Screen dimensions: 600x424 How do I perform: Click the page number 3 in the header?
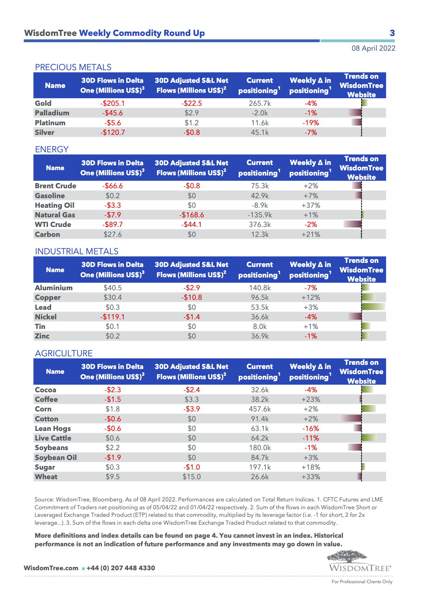[392, 33]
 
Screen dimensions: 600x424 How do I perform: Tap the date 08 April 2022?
[373, 48]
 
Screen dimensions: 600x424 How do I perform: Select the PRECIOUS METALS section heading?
[73, 67]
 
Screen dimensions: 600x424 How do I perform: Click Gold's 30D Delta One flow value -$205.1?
[112, 103]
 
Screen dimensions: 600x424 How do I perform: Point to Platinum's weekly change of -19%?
[310, 123]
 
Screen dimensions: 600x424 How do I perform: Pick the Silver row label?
[45, 132]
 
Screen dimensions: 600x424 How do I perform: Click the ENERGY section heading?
[52, 149]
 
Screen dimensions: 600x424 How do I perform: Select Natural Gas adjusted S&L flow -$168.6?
[191, 215]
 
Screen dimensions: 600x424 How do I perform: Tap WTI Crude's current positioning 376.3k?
[260, 225]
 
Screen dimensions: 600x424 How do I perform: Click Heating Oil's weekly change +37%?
[310, 205]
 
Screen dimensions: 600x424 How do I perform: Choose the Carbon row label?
[48, 234]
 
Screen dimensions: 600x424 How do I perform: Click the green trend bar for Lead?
[373, 307]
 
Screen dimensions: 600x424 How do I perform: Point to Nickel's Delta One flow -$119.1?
[112, 317]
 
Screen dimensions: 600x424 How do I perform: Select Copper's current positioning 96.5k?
[260, 297]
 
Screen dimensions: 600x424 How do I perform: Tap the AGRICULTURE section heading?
[64, 353]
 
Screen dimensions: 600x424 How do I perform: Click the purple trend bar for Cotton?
[351, 418]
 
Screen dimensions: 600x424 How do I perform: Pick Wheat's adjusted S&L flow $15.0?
[191, 477]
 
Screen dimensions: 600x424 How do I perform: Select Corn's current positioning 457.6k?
[260, 409]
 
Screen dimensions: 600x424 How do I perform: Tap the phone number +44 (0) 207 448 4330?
[121, 568]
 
